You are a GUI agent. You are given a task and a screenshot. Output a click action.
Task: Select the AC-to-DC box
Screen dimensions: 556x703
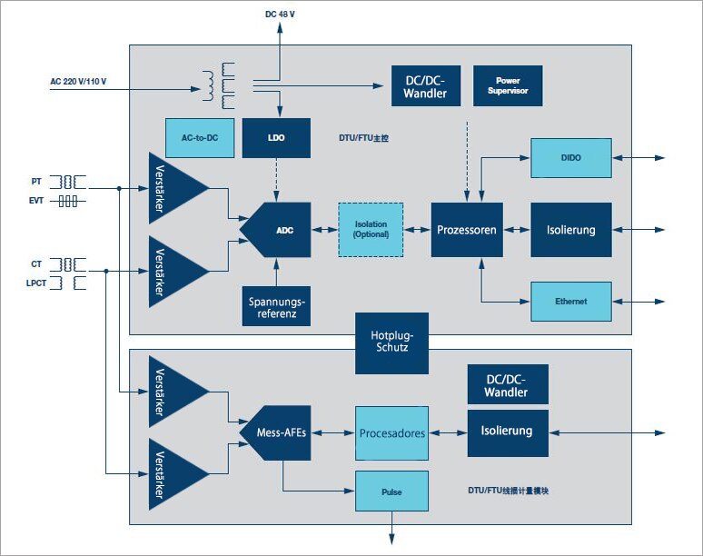coord(200,137)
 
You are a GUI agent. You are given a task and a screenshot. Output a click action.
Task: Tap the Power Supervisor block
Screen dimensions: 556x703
coord(508,85)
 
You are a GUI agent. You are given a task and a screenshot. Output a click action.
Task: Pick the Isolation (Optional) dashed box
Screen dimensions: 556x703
coord(370,229)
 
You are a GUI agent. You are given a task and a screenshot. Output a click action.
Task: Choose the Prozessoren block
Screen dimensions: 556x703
coord(466,230)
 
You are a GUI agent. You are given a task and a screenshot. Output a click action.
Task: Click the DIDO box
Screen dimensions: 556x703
coord(571,158)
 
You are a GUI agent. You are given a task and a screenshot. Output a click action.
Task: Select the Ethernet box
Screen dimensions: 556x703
coord(571,301)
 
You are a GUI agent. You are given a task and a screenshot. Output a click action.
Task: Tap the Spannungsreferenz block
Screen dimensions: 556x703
coord(277,306)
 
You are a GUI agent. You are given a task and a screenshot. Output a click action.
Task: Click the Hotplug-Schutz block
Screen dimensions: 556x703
coord(391,343)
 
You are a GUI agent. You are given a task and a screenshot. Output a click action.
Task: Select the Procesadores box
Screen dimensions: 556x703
coord(391,433)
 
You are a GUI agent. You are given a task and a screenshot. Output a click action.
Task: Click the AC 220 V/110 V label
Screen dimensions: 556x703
coord(78,83)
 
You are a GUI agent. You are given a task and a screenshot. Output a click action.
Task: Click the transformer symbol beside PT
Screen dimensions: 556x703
coord(68,182)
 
